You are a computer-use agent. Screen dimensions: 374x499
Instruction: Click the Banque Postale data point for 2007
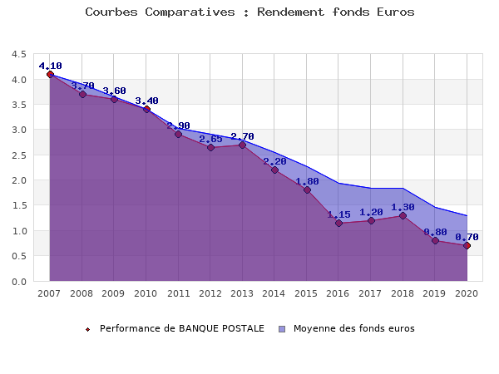click(50, 74)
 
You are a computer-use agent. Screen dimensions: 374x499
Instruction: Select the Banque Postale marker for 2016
click(338, 223)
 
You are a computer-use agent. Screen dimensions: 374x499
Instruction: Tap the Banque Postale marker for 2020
click(467, 245)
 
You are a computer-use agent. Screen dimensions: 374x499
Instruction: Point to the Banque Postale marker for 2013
click(242, 145)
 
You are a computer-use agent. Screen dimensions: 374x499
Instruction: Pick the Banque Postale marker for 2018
click(403, 215)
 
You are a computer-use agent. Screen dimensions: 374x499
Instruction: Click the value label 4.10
click(50, 66)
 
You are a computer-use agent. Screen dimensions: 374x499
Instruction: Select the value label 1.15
click(338, 214)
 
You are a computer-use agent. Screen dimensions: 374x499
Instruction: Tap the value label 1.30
click(403, 207)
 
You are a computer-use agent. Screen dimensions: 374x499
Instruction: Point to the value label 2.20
click(274, 161)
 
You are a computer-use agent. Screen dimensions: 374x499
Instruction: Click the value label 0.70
click(467, 237)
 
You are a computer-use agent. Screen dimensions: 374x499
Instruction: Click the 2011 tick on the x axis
click(178, 293)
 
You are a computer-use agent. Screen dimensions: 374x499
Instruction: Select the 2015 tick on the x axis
click(307, 293)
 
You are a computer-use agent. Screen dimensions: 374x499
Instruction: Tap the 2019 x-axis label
click(435, 293)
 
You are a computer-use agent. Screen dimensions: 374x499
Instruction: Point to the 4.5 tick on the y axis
click(18, 54)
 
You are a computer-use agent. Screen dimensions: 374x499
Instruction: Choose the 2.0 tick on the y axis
click(18, 180)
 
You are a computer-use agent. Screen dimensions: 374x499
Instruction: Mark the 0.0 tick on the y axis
click(18, 281)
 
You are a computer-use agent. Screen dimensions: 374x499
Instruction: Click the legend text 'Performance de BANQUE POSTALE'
click(182, 328)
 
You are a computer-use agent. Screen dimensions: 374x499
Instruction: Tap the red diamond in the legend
click(87, 329)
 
